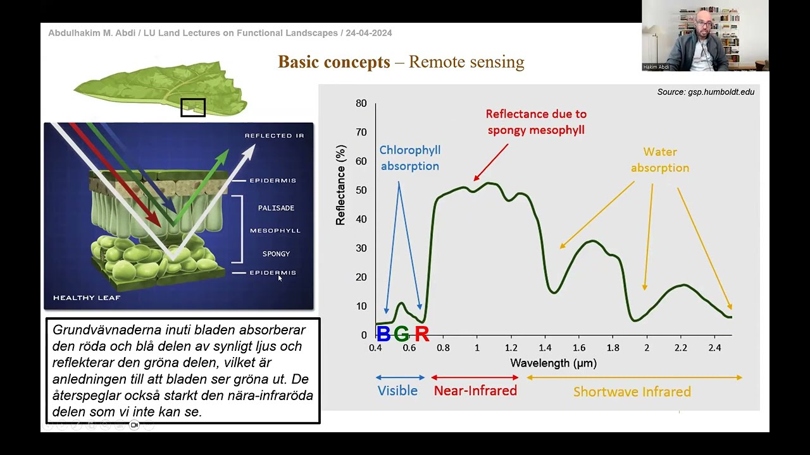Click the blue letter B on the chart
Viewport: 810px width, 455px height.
click(x=383, y=334)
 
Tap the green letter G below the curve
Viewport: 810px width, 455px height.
click(x=401, y=334)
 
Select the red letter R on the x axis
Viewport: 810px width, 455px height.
click(x=421, y=334)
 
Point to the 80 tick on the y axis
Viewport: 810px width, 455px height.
click(x=361, y=103)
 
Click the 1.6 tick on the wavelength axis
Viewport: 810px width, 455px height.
click(x=579, y=348)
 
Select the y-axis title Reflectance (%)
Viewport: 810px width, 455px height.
click(x=341, y=185)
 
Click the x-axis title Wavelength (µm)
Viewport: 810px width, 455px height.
click(x=553, y=363)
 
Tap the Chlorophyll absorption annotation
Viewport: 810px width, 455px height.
click(x=409, y=158)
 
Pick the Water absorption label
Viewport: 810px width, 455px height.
click(x=659, y=160)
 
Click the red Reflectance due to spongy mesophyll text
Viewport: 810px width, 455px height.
click(x=536, y=122)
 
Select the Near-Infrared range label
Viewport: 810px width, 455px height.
click(x=475, y=391)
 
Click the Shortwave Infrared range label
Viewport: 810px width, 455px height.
click(x=632, y=392)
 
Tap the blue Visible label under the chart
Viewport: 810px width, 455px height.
click(x=397, y=391)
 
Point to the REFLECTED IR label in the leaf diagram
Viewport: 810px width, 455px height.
click(x=274, y=136)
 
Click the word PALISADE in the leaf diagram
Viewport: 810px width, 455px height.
click(x=276, y=208)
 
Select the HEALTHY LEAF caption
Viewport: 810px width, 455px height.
click(x=87, y=298)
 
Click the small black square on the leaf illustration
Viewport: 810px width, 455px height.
click(x=193, y=107)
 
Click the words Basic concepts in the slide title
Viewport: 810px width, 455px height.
click(x=333, y=62)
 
